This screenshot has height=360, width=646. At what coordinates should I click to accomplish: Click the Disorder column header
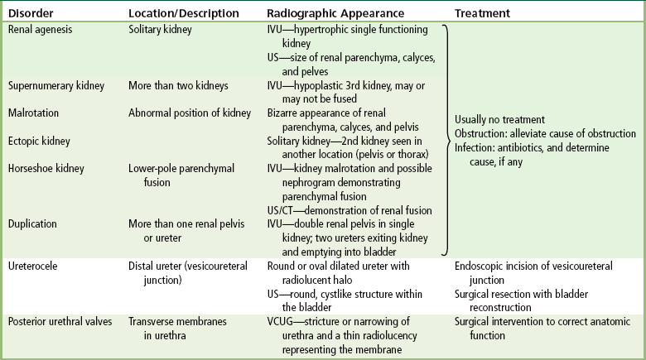click(x=31, y=13)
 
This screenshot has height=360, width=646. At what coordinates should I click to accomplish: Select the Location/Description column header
click(x=184, y=13)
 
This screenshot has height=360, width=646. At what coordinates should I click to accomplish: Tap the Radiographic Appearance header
click(x=335, y=13)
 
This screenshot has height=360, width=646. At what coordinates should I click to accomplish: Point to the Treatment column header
click(x=482, y=13)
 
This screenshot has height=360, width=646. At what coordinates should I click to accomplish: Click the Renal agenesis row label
click(x=40, y=30)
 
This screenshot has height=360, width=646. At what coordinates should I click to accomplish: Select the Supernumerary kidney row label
click(x=56, y=86)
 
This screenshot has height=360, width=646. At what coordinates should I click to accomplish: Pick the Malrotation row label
click(x=33, y=113)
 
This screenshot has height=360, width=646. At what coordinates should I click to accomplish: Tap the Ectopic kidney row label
click(x=39, y=142)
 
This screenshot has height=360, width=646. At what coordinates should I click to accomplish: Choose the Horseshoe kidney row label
click(x=46, y=169)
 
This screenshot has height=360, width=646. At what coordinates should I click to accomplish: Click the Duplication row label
click(x=32, y=224)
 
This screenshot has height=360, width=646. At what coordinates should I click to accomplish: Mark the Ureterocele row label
click(x=33, y=266)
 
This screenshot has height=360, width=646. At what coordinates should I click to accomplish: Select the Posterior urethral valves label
click(x=60, y=322)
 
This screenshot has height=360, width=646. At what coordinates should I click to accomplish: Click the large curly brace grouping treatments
click(x=446, y=141)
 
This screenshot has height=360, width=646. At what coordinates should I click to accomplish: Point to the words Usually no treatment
click(x=499, y=120)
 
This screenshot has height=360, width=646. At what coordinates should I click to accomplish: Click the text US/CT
click(x=280, y=210)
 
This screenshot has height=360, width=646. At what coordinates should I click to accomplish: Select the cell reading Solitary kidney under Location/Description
click(x=160, y=30)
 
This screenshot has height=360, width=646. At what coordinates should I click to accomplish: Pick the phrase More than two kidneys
click(x=178, y=86)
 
